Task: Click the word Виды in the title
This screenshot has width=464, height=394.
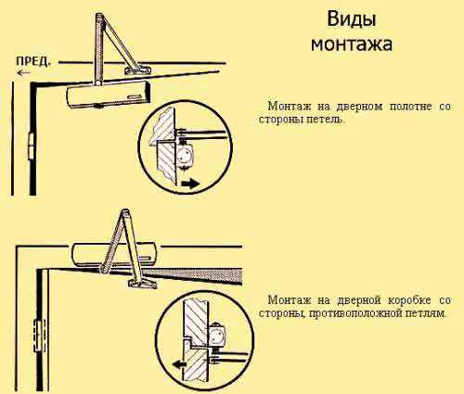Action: click(352, 19)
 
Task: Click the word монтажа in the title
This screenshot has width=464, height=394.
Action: click(352, 44)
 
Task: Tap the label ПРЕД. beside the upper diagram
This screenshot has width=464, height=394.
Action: click(32, 61)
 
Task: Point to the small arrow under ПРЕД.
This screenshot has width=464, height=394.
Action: click(24, 73)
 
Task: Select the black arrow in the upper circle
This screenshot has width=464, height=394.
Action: click(190, 184)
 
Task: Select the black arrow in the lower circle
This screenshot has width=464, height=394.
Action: click(180, 365)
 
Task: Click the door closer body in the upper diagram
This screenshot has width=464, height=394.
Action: click(109, 95)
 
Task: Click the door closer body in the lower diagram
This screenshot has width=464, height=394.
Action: click(114, 255)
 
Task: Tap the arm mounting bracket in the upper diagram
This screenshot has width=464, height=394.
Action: click(138, 70)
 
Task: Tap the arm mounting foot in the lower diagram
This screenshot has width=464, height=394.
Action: click(143, 283)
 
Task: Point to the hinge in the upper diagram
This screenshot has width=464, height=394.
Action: click(32, 146)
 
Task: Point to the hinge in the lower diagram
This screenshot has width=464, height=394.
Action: click(40, 336)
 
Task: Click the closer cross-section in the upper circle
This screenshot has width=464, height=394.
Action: click(186, 155)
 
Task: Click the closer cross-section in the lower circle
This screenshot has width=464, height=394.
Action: click(218, 335)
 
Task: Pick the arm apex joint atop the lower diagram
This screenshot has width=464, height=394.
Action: click(125, 213)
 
